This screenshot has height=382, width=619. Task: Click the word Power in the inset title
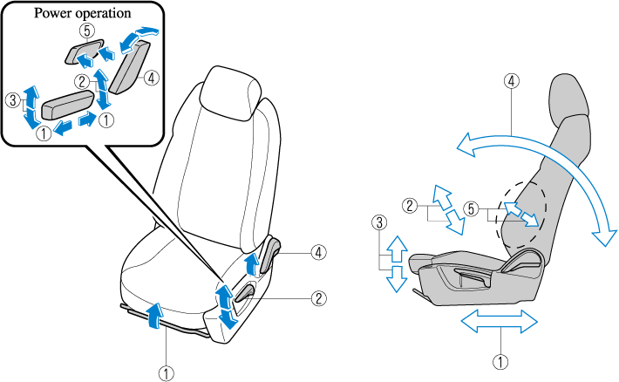tap(52, 14)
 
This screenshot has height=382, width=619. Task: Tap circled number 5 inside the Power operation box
tap(85, 29)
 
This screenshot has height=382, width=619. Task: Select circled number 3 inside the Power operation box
tap(10, 101)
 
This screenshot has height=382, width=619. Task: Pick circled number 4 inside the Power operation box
tap(151, 78)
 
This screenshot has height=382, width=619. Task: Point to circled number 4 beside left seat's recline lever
tap(320, 253)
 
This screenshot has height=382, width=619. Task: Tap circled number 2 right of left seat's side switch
tap(320, 297)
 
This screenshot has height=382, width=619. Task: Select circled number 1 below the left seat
tap(166, 370)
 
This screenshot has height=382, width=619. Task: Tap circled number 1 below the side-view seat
tap(500, 358)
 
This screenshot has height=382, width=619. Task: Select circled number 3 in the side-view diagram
tap(378, 222)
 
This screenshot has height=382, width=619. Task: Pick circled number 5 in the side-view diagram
tap(472, 208)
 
